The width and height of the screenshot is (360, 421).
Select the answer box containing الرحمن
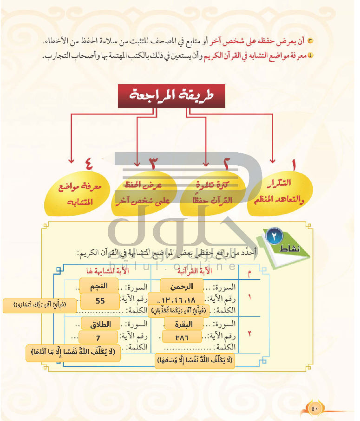(182, 285)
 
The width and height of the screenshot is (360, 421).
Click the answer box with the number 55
(100, 301)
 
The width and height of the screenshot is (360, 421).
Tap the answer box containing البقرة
(182, 324)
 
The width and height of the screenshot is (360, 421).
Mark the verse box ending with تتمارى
(34, 305)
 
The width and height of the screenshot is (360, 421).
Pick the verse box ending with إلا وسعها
(195, 360)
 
